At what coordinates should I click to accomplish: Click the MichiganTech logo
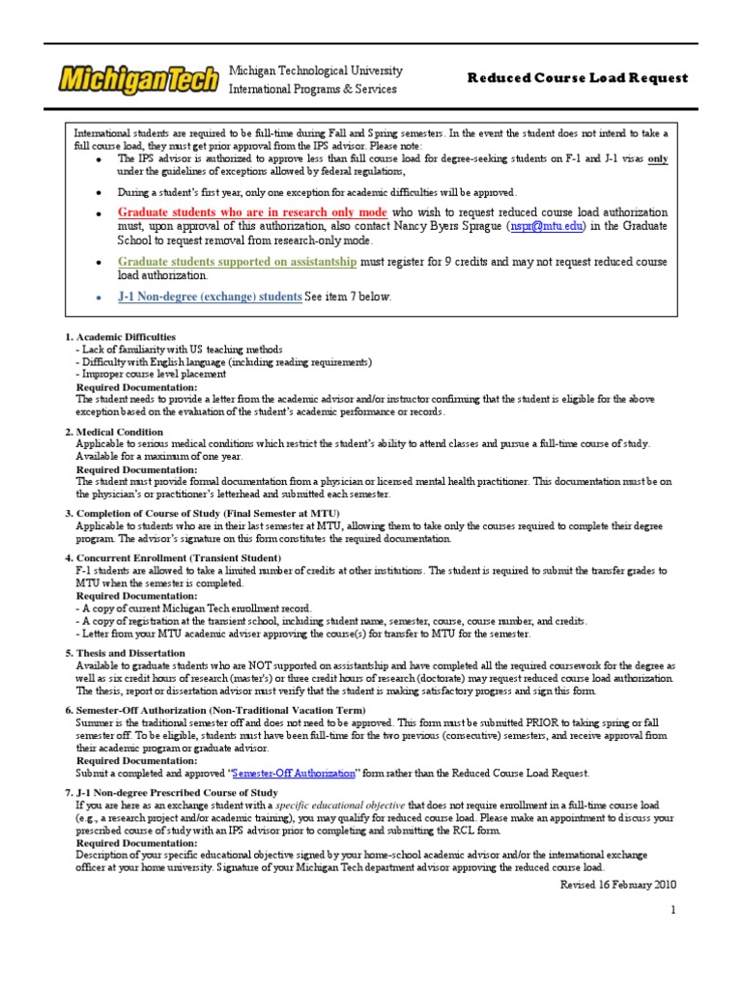tap(138, 79)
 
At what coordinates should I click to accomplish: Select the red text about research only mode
tap(252, 212)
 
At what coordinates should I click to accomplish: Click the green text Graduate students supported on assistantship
tap(237, 262)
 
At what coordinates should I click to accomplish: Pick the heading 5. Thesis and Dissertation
tap(130, 653)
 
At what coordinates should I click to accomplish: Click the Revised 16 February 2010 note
tap(619, 884)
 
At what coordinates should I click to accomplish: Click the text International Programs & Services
tap(311, 89)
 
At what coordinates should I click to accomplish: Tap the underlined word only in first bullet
tap(658, 159)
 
